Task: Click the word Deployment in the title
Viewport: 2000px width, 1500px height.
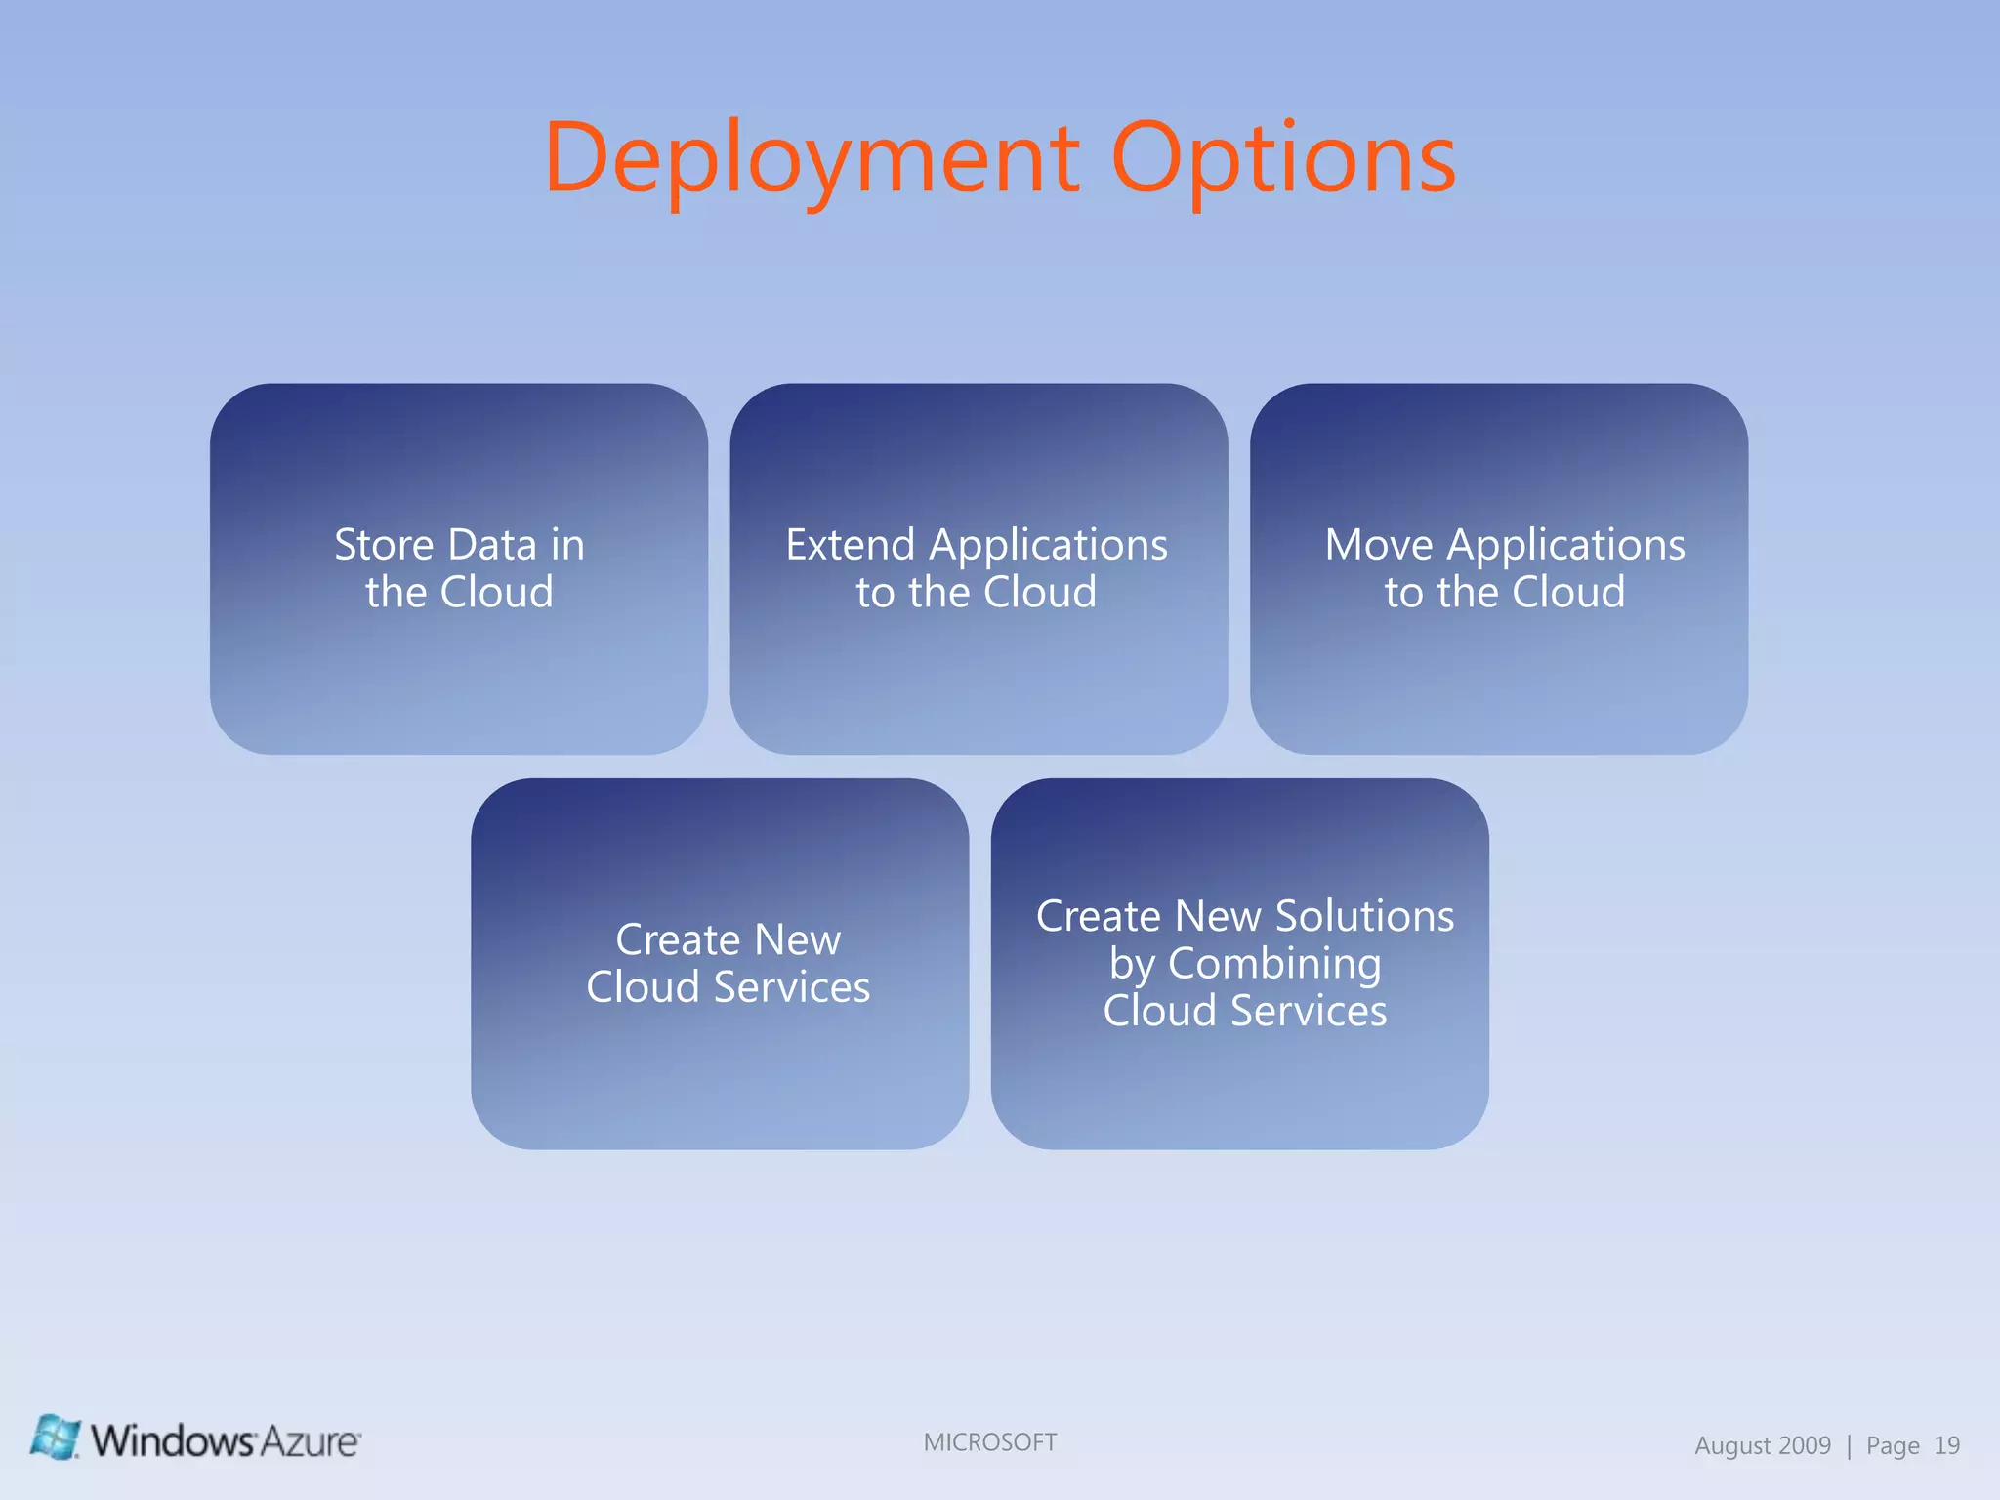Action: (x=811, y=158)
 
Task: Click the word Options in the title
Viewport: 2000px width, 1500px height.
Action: (x=1283, y=158)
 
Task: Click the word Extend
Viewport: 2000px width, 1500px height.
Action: (x=850, y=545)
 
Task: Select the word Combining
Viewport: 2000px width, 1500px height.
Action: (x=1274, y=965)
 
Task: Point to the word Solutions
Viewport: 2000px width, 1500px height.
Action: (x=1364, y=916)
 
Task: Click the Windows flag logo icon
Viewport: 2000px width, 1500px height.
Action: (x=55, y=1437)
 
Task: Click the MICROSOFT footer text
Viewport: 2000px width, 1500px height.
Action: (x=990, y=1442)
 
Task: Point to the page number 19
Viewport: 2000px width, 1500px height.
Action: (x=1946, y=1445)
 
